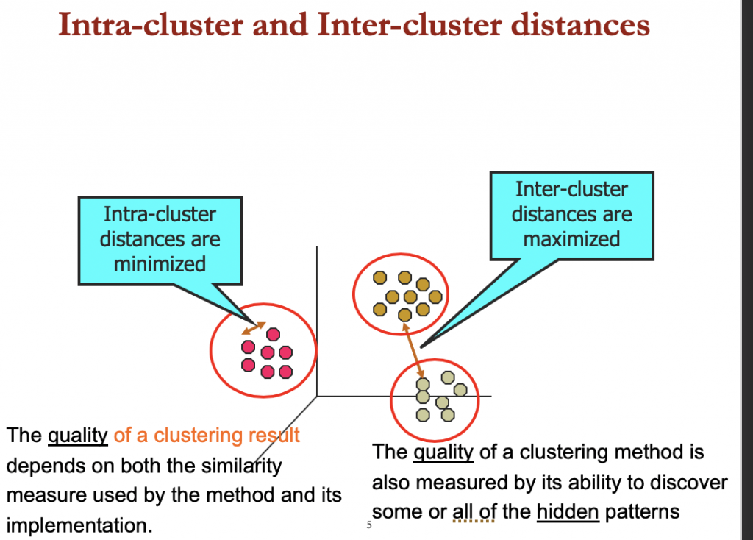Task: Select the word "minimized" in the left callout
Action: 160,263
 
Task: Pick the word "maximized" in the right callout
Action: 571,238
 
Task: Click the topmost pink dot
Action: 274,334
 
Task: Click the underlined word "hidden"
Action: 567,512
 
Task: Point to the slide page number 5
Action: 369,525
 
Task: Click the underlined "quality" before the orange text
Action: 78,436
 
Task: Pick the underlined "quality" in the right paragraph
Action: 443,452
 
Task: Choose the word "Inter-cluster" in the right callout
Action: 571,189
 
